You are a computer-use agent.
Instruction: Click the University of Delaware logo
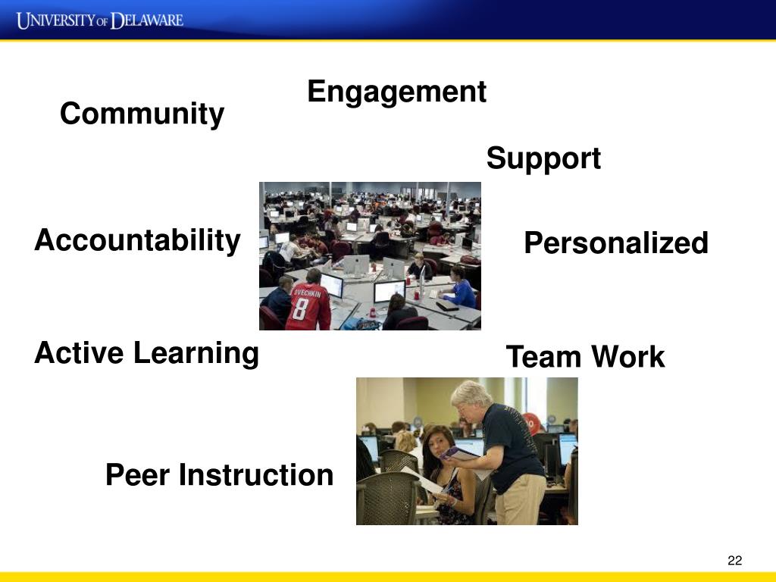tap(100, 20)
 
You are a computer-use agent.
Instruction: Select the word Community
tap(142, 114)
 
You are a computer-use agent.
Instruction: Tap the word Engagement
tap(397, 92)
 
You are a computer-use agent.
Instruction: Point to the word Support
tap(543, 159)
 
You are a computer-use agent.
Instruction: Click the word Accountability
tap(138, 241)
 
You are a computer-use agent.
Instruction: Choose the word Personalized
tap(616, 243)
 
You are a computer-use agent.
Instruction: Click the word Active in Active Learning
tap(79, 353)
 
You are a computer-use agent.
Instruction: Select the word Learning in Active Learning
tap(196, 354)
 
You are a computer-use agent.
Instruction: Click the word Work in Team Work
tap(628, 357)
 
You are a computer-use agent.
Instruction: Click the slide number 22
tap(735, 560)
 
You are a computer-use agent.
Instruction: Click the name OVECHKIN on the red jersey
tap(307, 293)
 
